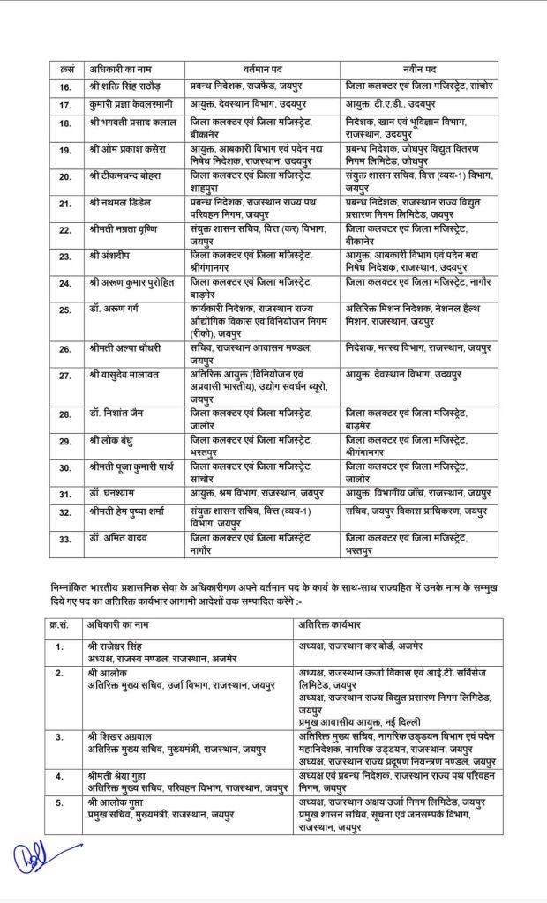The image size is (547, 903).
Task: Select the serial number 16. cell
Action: (x=65, y=86)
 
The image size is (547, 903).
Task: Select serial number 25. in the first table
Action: (x=65, y=310)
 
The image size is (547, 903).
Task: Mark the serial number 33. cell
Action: (x=65, y=538)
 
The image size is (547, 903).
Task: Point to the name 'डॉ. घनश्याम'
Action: (x=112, y=493)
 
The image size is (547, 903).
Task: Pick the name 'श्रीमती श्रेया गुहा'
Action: (x=124, y=776)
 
